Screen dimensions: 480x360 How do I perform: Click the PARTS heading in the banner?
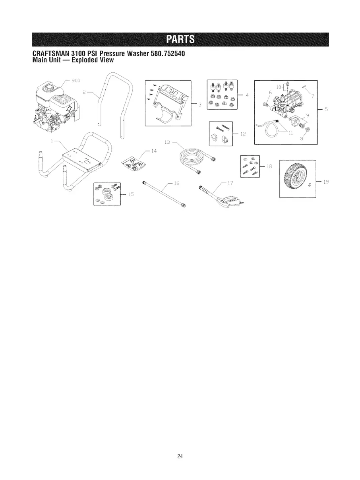pos(180,39)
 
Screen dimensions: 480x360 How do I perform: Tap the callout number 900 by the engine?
pos(75,80)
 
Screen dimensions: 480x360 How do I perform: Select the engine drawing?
pos(54,105)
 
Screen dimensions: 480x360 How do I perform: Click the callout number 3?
pos(199,105)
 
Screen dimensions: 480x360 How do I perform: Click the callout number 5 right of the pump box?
pos(325,110)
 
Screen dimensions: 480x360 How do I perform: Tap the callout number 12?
pos(243,134)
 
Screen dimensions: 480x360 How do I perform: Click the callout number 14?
pos(154,151)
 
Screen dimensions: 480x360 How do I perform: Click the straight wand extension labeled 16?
pos(163,194)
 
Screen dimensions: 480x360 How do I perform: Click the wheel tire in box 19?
pos(296,178)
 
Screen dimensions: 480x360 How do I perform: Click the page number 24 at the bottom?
pos(180,456)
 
